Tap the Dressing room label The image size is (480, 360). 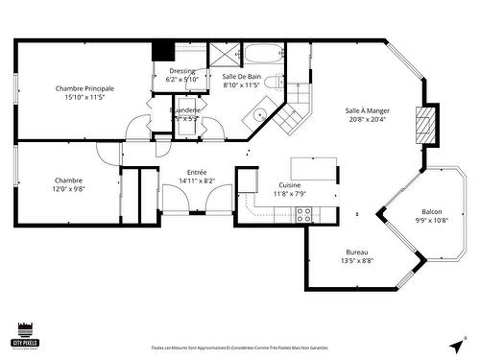coord(182,71)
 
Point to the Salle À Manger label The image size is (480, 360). coord(368,110)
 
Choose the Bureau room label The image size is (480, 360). coord(356,252)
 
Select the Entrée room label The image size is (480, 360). coord(196,172)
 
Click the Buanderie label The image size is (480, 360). coord(185,110)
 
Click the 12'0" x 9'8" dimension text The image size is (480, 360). coord(68,189)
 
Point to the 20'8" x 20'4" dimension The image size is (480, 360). coord(368,120)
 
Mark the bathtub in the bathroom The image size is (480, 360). coord(260,52)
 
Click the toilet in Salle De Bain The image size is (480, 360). coord(274,83)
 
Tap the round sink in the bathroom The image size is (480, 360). coord(260,115)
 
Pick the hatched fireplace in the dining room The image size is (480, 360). coord(423,124)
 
